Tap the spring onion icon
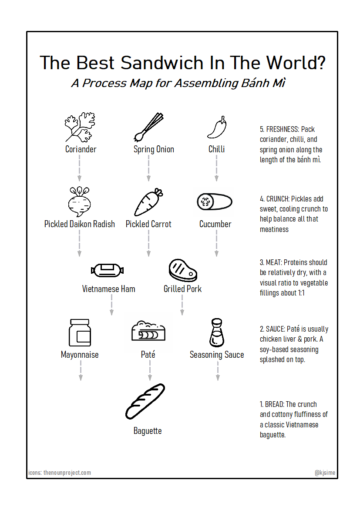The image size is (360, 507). [x=149, y=128]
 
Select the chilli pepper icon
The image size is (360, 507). [x=217, y=128]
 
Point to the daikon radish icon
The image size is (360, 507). [x=79, y=202]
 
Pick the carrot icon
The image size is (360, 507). [x=148, y=202]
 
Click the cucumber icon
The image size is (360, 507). [x=215, y=202]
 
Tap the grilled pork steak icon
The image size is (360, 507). [x=183, y=270]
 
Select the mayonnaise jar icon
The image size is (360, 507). [x=80, y=333]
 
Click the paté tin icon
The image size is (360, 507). [x=149, y=333]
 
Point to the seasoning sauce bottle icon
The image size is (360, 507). [x=216, y=333]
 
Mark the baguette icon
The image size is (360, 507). [x=145, y=401]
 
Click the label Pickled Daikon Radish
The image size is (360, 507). [x=80, y=224]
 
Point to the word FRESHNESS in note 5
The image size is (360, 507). [x=284, y=129]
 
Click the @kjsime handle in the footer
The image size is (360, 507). [x=325, y=473]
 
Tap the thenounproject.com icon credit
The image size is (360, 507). [x=67, y=473]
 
